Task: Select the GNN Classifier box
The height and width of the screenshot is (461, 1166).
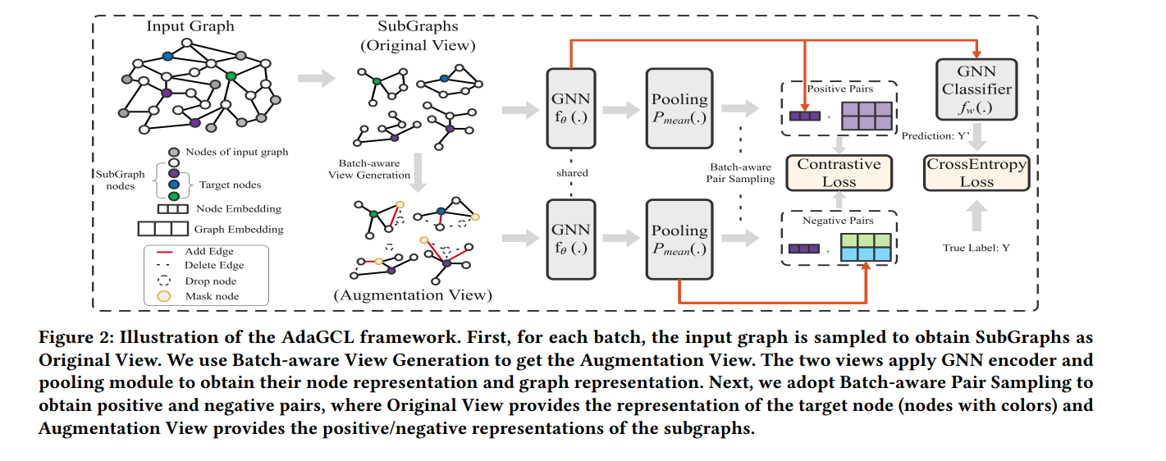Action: [976, 89]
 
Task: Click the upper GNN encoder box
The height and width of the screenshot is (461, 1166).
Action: [569, 109]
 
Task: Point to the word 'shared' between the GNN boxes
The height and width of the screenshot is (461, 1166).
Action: [569, 173]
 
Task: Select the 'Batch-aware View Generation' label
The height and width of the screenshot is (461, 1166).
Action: [373, 169]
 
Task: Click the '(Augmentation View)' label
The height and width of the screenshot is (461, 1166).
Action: [413, 294]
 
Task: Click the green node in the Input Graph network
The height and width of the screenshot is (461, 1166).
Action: [231, 75]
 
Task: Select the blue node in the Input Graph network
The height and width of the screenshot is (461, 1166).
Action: [167, 56]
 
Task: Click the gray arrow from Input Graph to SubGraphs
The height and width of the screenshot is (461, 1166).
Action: [316, 79]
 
